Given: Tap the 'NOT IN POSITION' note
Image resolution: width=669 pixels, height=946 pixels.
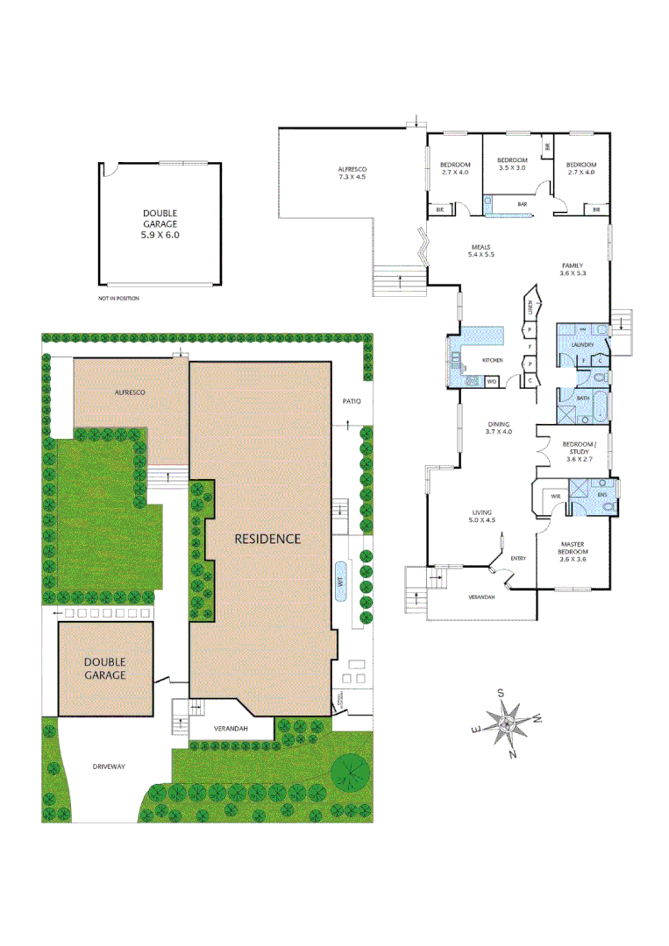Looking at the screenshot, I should tap(118, 299).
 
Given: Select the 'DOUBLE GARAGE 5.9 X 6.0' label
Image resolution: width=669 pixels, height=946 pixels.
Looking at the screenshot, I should tap(160, 224).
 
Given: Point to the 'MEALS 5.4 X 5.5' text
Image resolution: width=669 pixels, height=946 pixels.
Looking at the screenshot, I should tap(480, 251).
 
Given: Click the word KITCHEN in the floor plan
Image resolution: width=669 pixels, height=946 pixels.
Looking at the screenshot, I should tap(493, 361).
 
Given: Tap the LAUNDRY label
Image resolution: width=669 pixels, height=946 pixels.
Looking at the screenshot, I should tap(582, 345).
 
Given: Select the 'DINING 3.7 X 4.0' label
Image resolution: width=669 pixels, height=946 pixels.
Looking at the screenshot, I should tap(499, 427).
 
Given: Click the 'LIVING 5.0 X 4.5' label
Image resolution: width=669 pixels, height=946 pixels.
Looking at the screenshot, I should tap(483, 516).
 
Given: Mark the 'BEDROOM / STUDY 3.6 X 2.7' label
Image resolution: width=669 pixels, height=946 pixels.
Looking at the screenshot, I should tap(580, 451).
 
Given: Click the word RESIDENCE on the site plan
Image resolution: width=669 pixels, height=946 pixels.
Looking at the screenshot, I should tap(267, 539).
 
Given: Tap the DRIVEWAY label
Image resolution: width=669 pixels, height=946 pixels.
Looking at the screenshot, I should tap(109, 766).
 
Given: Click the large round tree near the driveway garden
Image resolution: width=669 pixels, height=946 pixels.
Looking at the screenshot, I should tap(351, 772).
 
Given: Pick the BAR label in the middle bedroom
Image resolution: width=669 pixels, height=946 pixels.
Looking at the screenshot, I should tap(522, 204).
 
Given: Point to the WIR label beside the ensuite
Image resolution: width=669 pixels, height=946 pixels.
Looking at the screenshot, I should tap(555, 496).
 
